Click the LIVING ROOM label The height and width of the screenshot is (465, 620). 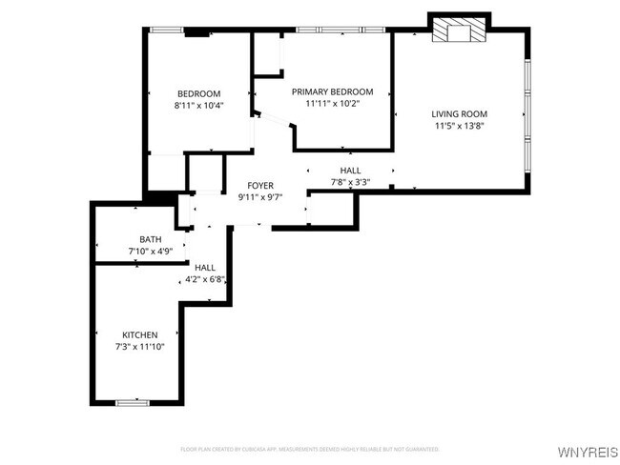pos(460,113)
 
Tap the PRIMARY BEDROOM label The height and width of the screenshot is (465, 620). pos(332,91)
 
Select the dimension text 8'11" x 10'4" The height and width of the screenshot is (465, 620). pos(198,105)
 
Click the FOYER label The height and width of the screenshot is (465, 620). pos(260,185)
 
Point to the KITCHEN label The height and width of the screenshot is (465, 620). pos(140,334)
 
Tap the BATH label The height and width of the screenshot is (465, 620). pos(151,239)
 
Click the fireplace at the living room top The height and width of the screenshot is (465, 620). pos(460,31)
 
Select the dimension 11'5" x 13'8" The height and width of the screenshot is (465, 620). pos(460,125)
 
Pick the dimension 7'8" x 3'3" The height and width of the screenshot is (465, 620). pos(350,182)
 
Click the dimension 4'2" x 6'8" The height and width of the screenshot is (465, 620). pos(204,280)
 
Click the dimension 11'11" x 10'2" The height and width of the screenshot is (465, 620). pos(332,103)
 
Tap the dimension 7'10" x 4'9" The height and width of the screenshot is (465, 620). pos(151,251)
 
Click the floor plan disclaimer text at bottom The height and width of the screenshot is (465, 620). pos(310,448)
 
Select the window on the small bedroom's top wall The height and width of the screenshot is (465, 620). pos(169,30)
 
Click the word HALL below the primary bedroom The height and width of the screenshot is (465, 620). pos(350,171)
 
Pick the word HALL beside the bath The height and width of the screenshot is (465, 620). pos(204,269)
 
